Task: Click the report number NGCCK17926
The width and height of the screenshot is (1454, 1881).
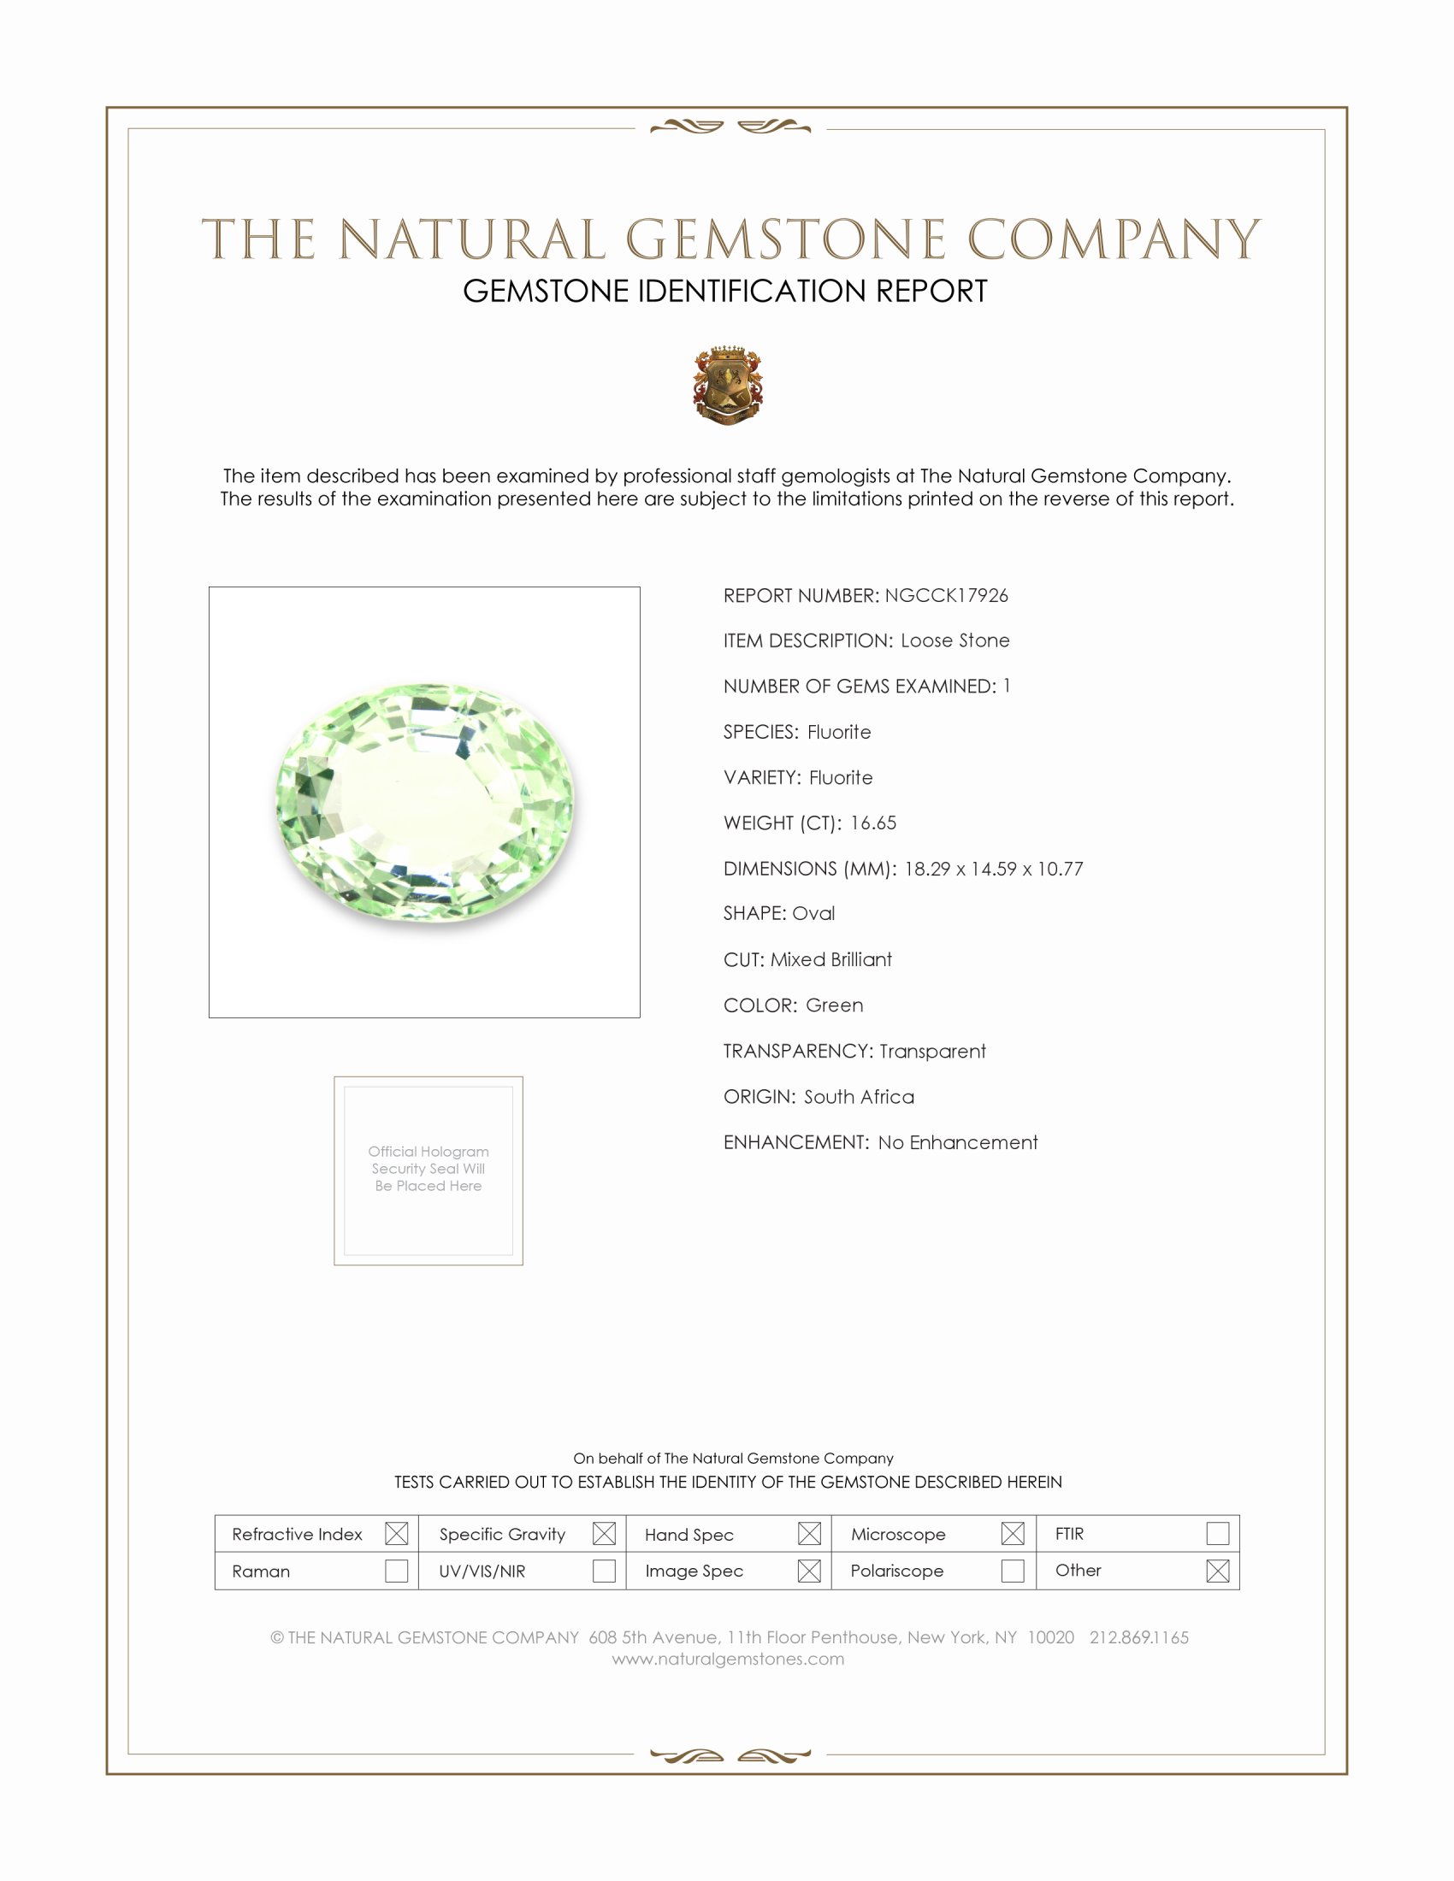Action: pyautogui.click(x=946, y=595)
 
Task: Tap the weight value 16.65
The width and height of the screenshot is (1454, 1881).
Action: pyautogui.click(x=872, y=823)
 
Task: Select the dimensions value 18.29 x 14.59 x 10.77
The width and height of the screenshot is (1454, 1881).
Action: pyautogui.click(x=993, y=868)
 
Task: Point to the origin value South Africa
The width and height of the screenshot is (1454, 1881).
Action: pyautogui.click(x=859, y=1096)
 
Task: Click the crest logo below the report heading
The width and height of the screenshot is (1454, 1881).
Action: pyautogui.click(x=728, y=385)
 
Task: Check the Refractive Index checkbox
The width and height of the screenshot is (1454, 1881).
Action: pyautogui.click(x=396, y=1533)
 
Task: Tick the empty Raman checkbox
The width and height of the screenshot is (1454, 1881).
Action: pyautogui.click(x=396, y=1571)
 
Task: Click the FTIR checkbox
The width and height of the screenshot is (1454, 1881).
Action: pyautogui.click(x=1217, y=1533)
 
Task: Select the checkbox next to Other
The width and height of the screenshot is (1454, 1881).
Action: pyautogui.click(x=1217, y=1571)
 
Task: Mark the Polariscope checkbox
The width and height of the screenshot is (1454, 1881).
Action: pyautogui.click(x=1013, y=1571)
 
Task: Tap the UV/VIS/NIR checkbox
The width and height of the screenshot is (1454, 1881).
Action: pyautogui.click(x=604, y=1571)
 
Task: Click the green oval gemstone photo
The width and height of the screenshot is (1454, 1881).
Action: pyautogui.click(x=425, y=803)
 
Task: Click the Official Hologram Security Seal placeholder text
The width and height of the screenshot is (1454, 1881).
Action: pyautogui.click(x=429, y=1169)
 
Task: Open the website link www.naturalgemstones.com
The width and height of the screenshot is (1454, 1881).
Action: pyautogui.click(x=728, y=1659)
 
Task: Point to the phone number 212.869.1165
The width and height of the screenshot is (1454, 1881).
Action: pyautogui.click(x=1138, y=1637)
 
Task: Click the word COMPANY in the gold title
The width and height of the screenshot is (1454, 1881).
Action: pyautogui.click(x=1113, y=239)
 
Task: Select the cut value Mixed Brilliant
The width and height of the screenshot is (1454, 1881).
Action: pyautogui.click(x=830, y=959)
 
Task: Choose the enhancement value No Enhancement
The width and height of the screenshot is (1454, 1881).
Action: pyautogui.click(x=958, y=1142)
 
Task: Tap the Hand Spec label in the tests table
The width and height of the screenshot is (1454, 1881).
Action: pyautogui.click(x=689, y=1535)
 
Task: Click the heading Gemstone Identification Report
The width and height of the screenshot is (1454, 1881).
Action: pyautogui.click(x=725, y=291)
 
